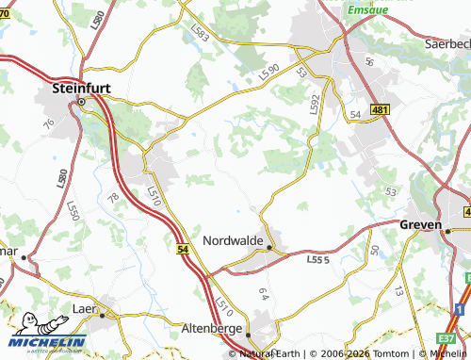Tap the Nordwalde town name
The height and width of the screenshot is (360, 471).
click(x=234, y=239)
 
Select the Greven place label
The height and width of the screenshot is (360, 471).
click(x=422, y=225)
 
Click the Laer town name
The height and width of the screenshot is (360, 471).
click(x=86, y=309)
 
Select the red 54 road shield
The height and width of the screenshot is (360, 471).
click(x=183, y=248)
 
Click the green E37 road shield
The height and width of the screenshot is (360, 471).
click(x=447, y=337)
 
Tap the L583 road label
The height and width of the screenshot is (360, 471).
click(x=200, y=34)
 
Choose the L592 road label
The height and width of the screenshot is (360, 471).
click(x=316, y=103)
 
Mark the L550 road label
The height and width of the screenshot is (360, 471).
click(x=73, y=209)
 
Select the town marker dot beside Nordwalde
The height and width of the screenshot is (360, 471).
click(x=269, y=248)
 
